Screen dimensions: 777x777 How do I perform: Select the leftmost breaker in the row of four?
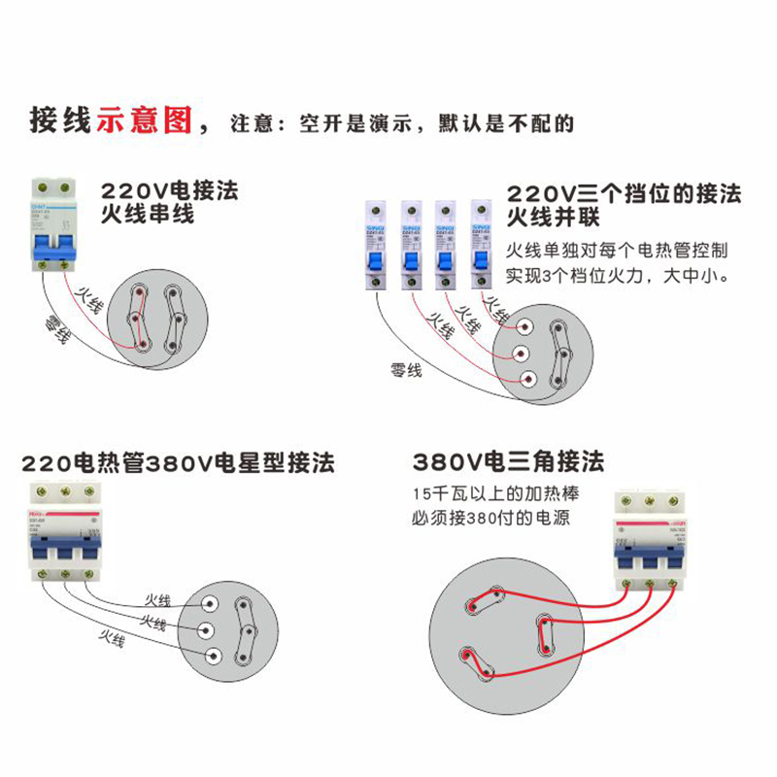[x=375, y=246]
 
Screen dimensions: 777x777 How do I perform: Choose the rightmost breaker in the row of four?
[x=481, y=246]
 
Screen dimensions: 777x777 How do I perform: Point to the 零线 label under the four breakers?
[x=405, y=368]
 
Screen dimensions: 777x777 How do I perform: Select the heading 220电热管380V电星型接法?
[x=178, y=462]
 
